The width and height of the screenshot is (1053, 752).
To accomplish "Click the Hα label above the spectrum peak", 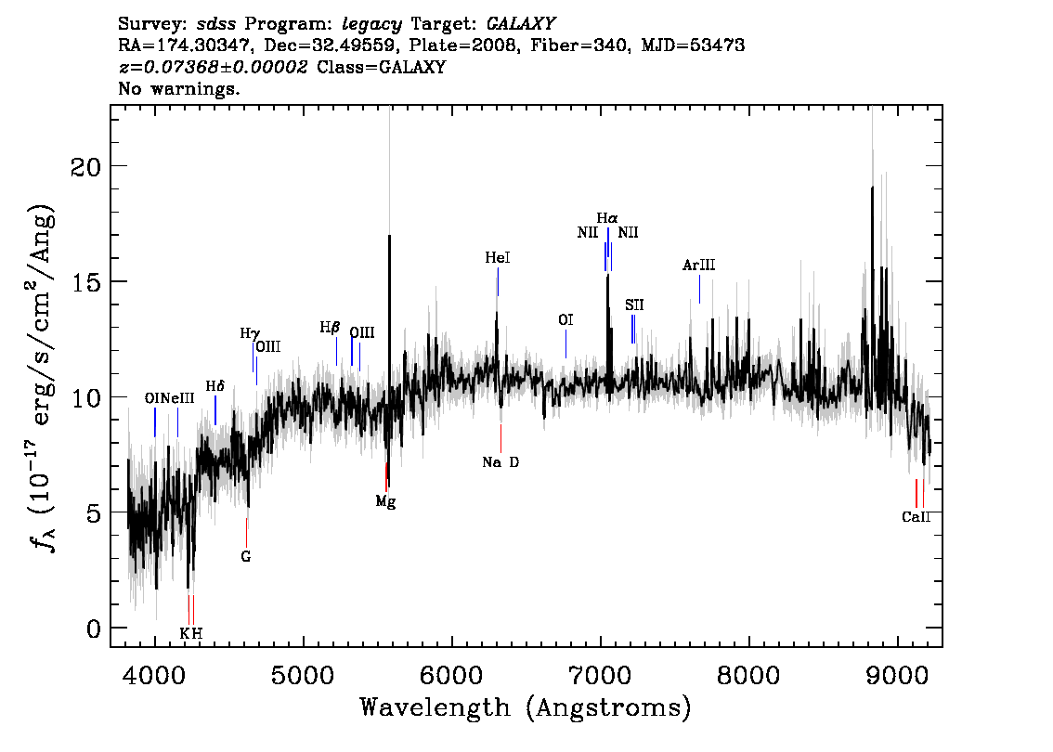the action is pos(607,218).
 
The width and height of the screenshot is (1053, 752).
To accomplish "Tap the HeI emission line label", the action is pos(498,258).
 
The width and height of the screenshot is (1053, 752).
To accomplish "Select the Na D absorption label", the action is pos(500,462).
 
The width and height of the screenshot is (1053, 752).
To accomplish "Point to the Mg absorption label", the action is pos(385,501).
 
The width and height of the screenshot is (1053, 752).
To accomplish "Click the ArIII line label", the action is pos(698,266).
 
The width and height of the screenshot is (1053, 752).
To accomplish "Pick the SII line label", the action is pos(634,305).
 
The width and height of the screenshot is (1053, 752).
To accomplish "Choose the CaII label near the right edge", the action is pos(916,517).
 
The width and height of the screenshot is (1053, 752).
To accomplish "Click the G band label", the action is pos(246,557).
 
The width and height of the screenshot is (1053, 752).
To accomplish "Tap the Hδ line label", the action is pos(214,386).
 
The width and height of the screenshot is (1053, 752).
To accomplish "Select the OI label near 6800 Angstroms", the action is pos(565,319).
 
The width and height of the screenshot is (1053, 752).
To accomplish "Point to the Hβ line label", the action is pos(330,328).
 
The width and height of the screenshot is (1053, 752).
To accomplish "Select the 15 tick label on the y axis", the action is pos(85,282).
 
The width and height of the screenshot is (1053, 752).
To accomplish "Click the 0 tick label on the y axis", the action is pos(94,629).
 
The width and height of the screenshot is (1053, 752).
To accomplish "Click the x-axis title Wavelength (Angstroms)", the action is pos(526,707).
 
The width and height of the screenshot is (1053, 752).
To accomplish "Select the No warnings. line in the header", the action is pos(178,88).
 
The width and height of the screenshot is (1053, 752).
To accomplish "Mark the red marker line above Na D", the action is pos(500,438).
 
